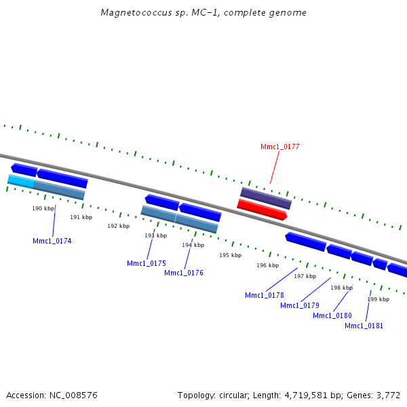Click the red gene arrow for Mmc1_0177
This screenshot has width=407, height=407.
(x=262, y=210)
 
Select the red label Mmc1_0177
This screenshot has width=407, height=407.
(x=279, y=147)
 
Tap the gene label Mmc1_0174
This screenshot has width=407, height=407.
(x=52, y=241)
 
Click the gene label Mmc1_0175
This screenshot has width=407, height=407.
(x=146, y=263)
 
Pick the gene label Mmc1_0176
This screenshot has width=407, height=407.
(x=183, y=273)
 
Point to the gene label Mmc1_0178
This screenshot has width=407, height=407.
(x=264, y=295)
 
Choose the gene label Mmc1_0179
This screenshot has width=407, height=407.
(x=299, y=305)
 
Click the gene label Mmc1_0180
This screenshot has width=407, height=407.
(x=332, y=315)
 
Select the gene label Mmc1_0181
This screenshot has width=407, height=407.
(x=364, y=326)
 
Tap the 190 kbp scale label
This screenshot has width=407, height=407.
(x=43, y=208)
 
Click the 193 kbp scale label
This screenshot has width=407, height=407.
(x=155, y=235)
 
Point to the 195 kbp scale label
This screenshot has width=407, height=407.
(x=230, y=255)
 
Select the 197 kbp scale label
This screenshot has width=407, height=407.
(x=305, y=276)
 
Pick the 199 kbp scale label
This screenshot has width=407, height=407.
(x=378, y=299)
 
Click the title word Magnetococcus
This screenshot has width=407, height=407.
(x=131, y=13)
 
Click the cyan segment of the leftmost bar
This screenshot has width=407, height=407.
(x=20, y=181)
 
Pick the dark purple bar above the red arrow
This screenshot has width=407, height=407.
(x=266, y=199)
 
